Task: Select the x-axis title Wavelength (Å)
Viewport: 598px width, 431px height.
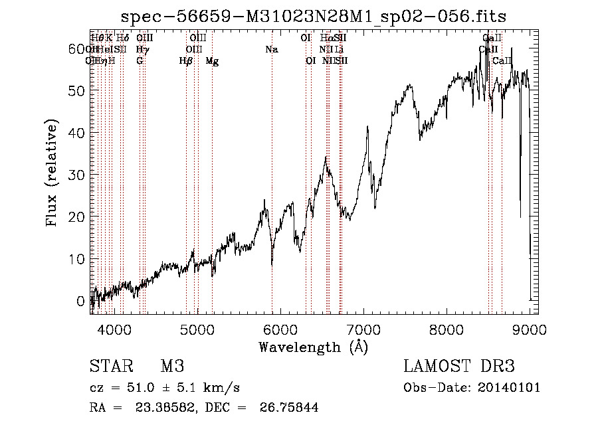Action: tap(313, 347)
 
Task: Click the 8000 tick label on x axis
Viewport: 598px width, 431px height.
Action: tap(447, 329)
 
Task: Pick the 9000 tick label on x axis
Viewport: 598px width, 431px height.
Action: tap(530, 329)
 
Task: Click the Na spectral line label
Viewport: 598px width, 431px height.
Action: tap(271, 50)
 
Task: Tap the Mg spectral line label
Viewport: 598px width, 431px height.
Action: tap(212, 61)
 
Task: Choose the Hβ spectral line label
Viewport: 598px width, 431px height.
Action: tap(186, 61)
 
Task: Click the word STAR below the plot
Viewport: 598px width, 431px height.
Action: tap(110, 367)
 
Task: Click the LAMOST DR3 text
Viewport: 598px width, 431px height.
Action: tap(459, 367)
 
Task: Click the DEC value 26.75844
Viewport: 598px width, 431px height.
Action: tap(290, 408)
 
